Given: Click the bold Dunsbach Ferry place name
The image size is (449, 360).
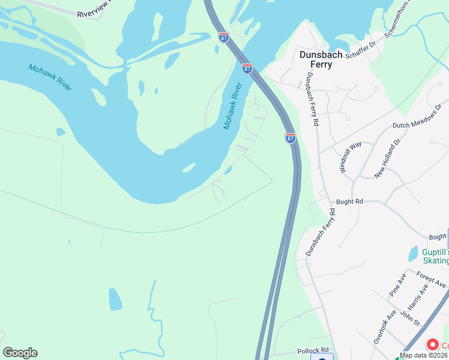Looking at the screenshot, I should pos(321,59).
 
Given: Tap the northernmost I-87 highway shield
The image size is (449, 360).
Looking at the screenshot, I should pos(223,37).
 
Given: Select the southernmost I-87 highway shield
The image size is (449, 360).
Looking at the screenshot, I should pos(291,138).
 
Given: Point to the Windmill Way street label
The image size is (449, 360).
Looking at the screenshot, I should pos(351,158).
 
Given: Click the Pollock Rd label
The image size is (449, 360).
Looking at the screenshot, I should pos(313,350).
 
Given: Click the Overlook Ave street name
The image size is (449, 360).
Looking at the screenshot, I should pos(385,326).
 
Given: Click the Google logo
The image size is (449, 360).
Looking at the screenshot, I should pos(20,353).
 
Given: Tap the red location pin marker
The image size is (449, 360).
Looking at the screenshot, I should pos(432,345).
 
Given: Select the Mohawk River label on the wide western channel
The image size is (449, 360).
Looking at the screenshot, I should pos(50,76).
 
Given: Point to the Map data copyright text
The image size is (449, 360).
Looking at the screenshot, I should pos(424,355).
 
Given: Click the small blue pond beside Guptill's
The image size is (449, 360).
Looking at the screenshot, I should pos(413,254).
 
